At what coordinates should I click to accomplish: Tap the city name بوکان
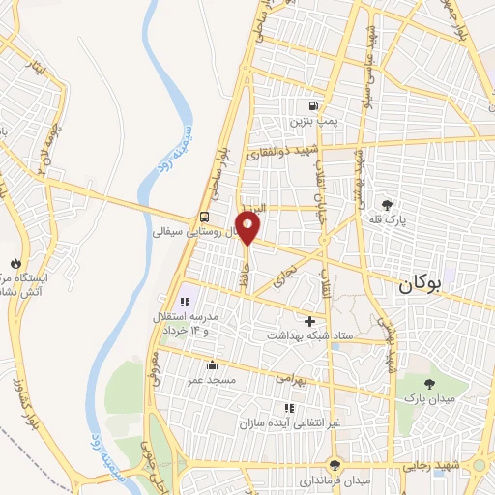point(422,285)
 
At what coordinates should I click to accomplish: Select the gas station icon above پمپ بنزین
point(313,106)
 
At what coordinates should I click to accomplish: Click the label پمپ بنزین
point(312,124)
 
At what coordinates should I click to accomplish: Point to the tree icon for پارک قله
point(388,205)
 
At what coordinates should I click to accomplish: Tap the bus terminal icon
point(205,217)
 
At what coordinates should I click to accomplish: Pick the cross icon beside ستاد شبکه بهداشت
point(310,320)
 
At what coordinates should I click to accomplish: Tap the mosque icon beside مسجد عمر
point(213,365)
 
